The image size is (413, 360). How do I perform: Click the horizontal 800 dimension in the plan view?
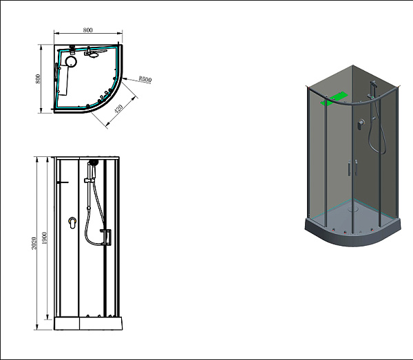[x=88, y=30]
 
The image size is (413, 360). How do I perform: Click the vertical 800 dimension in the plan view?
[x=38, y=78]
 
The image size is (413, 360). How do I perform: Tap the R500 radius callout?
[x=145, y=79]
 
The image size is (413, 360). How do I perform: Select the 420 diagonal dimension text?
[x=119, y=108]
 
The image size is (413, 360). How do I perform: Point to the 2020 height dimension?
[x=34, y=244]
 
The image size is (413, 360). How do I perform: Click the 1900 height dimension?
[x=44, y=238]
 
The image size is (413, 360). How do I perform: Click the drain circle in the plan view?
[x=71, y=62]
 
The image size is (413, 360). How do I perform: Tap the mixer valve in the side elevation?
[x=72, y=223]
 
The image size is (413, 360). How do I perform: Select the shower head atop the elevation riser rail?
[x=93, y=162]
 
